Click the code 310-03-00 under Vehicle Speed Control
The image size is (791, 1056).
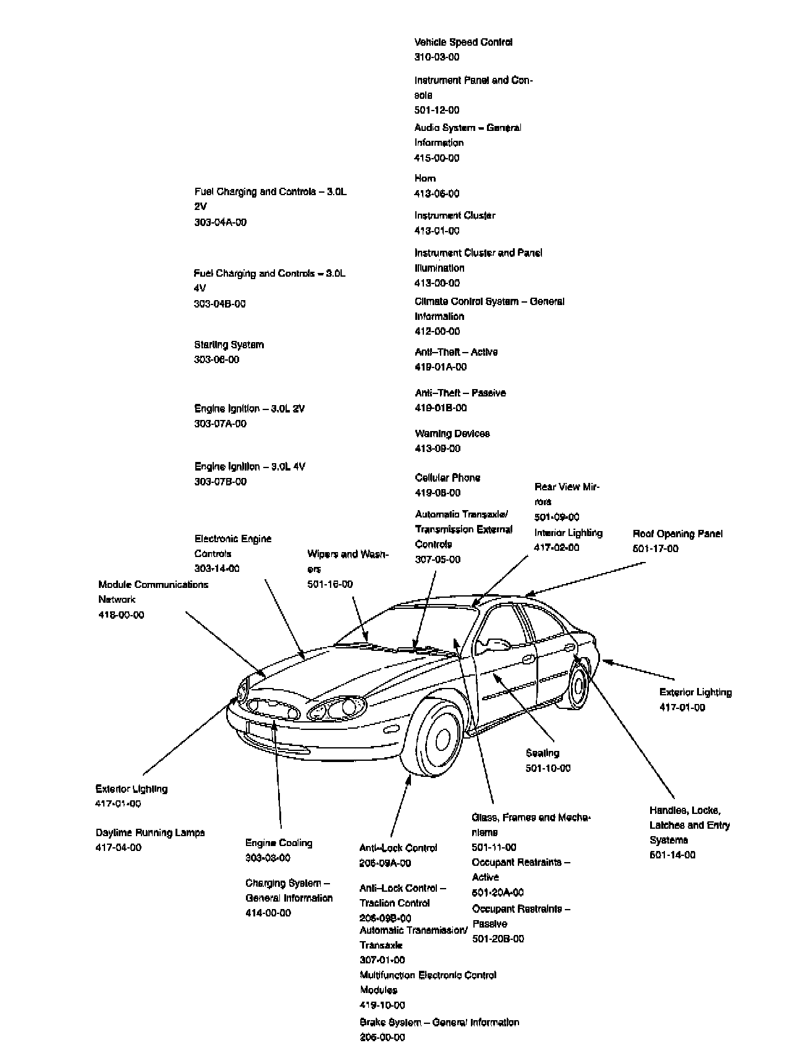(x=437, y=57)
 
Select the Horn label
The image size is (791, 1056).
(x=425, y=178)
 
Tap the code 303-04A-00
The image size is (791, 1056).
(x=221, y=222)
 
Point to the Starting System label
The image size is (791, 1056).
(x=229, y=345)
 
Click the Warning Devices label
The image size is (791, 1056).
(x=452, y=434)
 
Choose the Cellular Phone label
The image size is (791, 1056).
(x=447, y=477)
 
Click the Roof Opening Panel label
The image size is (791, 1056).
(x=677, y=534)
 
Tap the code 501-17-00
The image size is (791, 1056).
(x=655, y=548)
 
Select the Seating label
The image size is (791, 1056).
(x=543, y=753)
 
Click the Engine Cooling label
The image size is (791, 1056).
(x=279, y=843)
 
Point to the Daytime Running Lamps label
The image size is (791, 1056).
(x=150, y=832)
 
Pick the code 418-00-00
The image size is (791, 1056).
(x=121, y=615)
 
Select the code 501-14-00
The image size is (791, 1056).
(x=672, y=855)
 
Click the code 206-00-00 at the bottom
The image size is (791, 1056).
(x=383, y=1037)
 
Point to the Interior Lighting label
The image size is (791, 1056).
(x=569, y=533)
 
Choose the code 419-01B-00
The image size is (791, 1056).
(x=441, y=408)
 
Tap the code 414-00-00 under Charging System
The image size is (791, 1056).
(x=268, y=913)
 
